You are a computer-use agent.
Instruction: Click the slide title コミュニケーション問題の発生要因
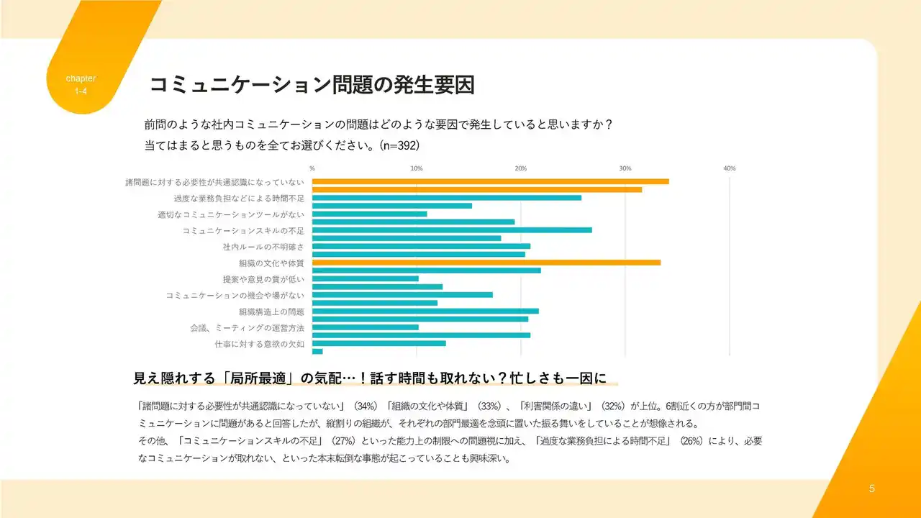coord(312,85)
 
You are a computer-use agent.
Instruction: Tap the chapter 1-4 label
coord(81,84)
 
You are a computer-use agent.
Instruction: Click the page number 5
coord(872,489)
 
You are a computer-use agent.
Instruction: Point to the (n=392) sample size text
coord(399,145)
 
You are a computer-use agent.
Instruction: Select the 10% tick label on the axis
coord(416,168)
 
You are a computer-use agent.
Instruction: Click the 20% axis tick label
coord(520,168)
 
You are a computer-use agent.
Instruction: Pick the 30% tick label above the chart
coord(625,168)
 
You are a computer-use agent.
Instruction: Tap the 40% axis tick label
coord(729,168)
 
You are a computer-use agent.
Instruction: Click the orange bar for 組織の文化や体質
coord(486,262)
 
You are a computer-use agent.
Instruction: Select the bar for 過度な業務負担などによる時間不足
coord(446,197)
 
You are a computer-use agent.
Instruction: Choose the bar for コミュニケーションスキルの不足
coord(452,230)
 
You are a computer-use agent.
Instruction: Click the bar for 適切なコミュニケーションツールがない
coord(369,214)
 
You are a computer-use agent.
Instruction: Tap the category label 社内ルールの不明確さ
coord(263,247)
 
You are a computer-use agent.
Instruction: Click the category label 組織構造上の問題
coord(271,312)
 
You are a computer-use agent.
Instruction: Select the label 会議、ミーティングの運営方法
coord(247,328)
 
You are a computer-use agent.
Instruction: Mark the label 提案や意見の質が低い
coord(263,279)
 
